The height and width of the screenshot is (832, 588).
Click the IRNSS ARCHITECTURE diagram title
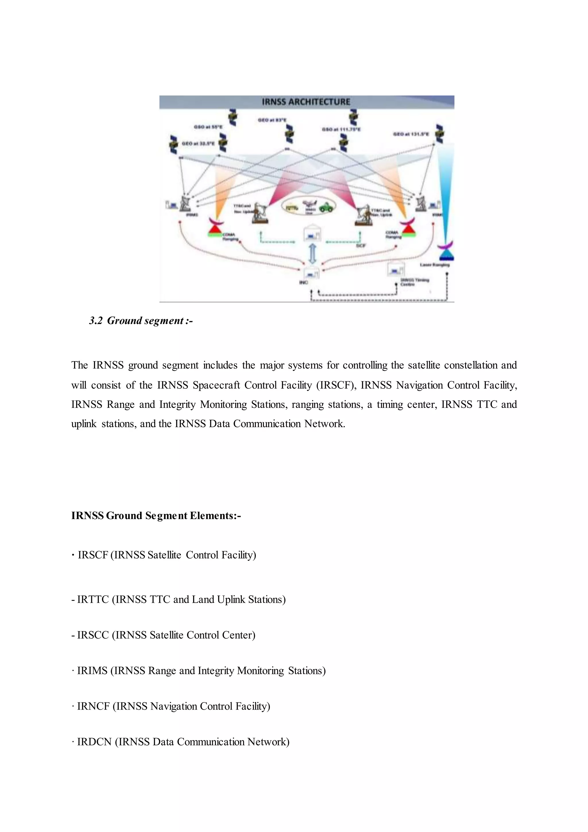point(306,102)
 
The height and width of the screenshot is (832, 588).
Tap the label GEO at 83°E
point(272,120)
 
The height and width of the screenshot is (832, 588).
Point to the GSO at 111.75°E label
point(341,129)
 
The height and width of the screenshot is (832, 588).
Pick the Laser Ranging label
point(434,265)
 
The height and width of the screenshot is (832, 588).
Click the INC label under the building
point(303,282)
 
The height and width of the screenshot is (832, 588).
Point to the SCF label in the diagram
point(361,245)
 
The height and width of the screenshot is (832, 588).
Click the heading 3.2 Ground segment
point(141,321)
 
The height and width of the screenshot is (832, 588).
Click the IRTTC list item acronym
point(93,599)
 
